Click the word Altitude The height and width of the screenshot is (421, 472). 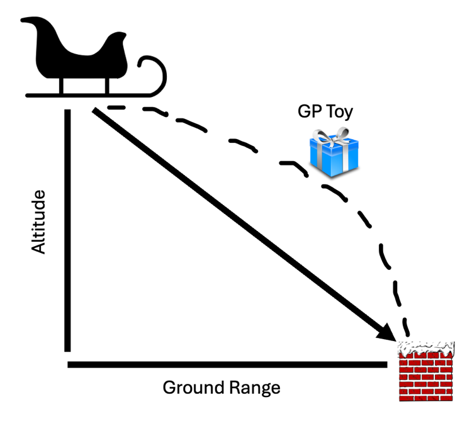coord(38,222)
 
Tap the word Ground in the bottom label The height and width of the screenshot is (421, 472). coord(193,388)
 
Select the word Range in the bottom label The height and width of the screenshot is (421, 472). coord(255,388)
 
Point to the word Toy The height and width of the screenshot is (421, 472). coord(340,111)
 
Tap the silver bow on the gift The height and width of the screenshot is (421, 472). coord(331,135)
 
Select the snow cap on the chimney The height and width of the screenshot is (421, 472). coord(426,348)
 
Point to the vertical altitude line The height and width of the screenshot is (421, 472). coord(67,230)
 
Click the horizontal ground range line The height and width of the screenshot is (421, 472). coord(227,365)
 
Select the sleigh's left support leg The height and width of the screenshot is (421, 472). coord(62,86)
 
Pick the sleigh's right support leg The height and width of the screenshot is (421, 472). coord(107,86)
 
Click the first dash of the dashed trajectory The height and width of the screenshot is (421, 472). coord(116,108)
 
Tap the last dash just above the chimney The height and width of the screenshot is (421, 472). coord(406,327)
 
